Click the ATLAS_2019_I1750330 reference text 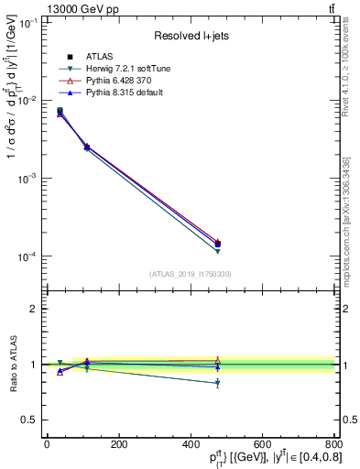click(x=190, y=274)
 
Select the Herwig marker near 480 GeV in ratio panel click(x=217, y=383)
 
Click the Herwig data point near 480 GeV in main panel click(x=217, y=250)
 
